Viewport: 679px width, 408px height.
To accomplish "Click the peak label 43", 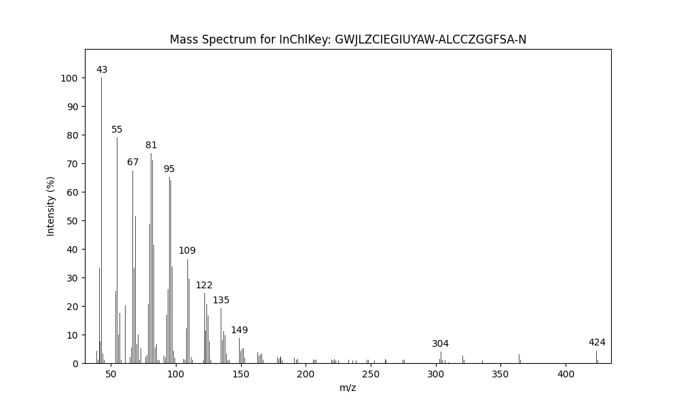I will (102, 70).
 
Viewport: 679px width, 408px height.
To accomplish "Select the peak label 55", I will (117, 130).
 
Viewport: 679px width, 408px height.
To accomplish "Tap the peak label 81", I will (151, 146).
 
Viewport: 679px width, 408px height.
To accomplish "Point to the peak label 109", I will (187, 251).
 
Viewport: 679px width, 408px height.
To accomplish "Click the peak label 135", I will (221, 301).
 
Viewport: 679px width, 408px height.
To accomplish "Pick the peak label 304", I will (441, 344).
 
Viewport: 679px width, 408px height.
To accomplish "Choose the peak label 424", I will (597, 343).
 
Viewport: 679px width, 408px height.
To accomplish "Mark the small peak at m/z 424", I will (597, 357).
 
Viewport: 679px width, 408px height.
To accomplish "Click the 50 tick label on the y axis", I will (71, 221).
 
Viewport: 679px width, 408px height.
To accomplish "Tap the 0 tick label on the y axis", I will (74, 364).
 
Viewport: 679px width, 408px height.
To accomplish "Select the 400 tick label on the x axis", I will (566, 375).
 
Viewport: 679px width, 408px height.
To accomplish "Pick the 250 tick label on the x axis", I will (371, 375).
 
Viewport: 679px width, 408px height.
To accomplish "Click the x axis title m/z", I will (348, 388).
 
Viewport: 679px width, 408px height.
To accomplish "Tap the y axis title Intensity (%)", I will (51, 206).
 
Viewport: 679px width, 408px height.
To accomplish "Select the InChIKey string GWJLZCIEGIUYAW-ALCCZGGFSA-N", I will (430, 39).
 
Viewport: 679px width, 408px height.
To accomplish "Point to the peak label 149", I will (239, 330).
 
